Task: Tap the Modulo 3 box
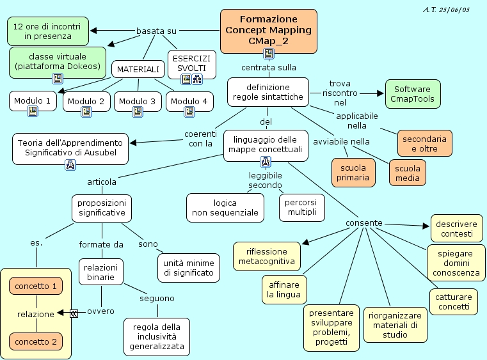pyautogui.click(x=138, y=101)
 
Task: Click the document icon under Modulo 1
pyautogui.click(x=33, y=112)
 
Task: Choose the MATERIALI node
pyautogui.click(x=138, y=69)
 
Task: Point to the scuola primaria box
pyautogui.click(x=353, y=173)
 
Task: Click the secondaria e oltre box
pyautogui.click(x=424, y=143)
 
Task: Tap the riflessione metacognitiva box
pyautogui.click(x=267, y=256)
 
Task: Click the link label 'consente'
pyautogui.click(x=364, y=223)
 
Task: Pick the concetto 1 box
pyautogui.click(x=36, y=286)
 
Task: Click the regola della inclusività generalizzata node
pyautogui.click(x=157, y=336)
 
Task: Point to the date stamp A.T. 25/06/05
pyautogui.click(x=446, y=10)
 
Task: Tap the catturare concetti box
pyautogui.click(x=453, y=302)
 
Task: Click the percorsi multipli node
pyautogui.click(x=301, y=207)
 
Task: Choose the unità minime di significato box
pyautogui.click(x=189, y=268)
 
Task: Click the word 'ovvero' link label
pyautogui.click(x=100, y=311)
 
